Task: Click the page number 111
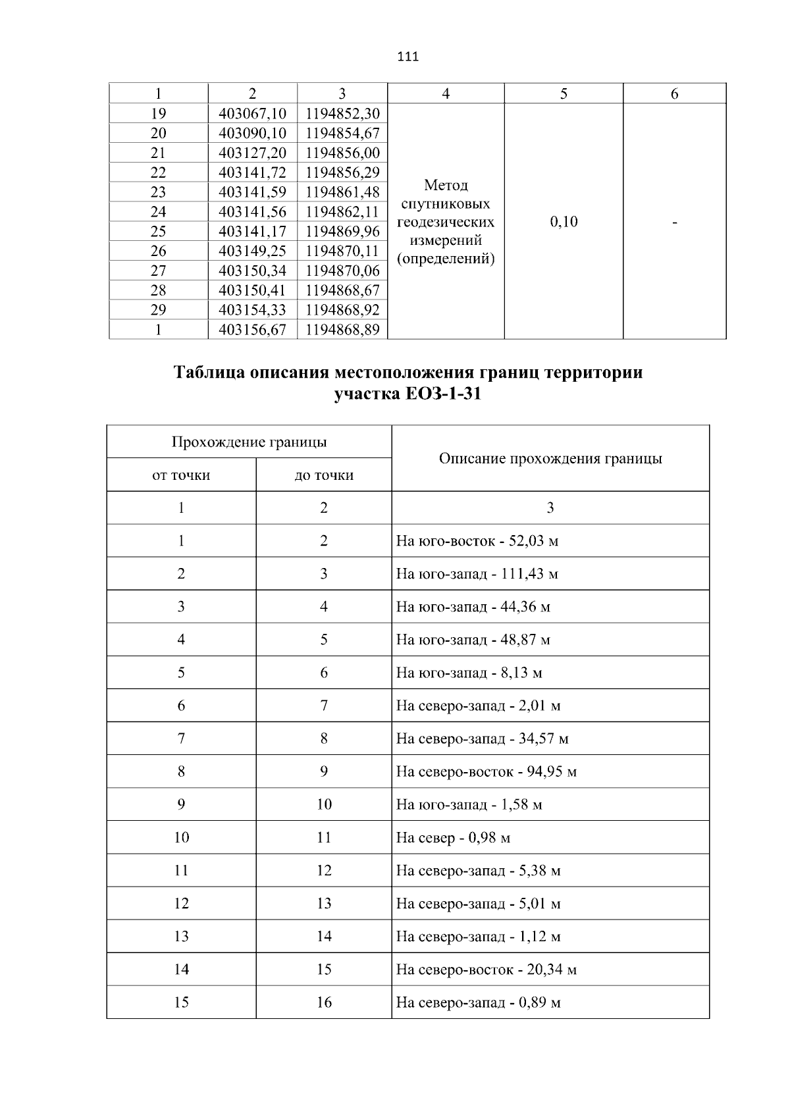408,57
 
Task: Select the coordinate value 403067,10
252,113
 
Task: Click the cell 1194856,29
342,172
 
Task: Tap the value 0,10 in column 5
564,222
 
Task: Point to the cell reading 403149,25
252,251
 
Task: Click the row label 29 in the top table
158,310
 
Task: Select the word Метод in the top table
446,185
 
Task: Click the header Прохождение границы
249,442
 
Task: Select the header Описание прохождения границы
550,458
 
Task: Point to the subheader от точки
181,475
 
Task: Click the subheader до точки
324,475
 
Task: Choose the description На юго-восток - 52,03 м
477,541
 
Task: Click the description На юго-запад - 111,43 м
477,574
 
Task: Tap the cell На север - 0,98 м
453,838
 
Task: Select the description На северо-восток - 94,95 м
486,771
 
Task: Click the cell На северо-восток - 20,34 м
486,970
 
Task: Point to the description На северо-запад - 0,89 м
478,1002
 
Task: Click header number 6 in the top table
674,94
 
